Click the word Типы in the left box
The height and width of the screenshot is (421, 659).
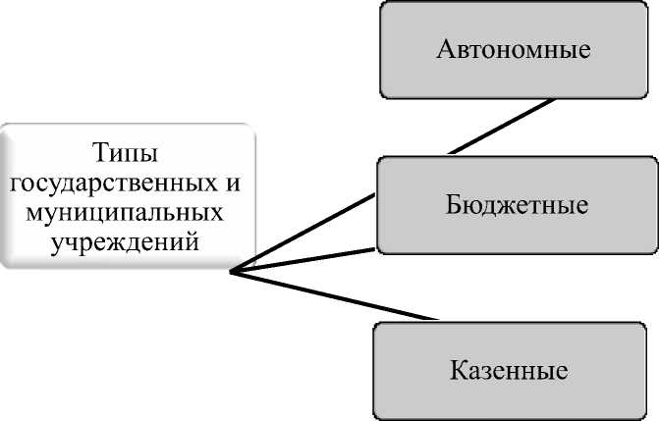click(x=127, y=154)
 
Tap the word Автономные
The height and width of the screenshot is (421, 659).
click(x=515, y=48)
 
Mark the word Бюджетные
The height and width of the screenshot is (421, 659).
click(x=515, y=206)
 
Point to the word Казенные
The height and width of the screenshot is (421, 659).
click(x=510, y=372)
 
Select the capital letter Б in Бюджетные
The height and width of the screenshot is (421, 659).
click(x=450, y=206)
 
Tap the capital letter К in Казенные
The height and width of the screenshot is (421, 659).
click(x=458, y=372)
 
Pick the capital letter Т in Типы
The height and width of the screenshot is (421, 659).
click(x=102, y=154)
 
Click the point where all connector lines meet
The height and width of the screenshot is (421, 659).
click(x=230, y=273)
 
